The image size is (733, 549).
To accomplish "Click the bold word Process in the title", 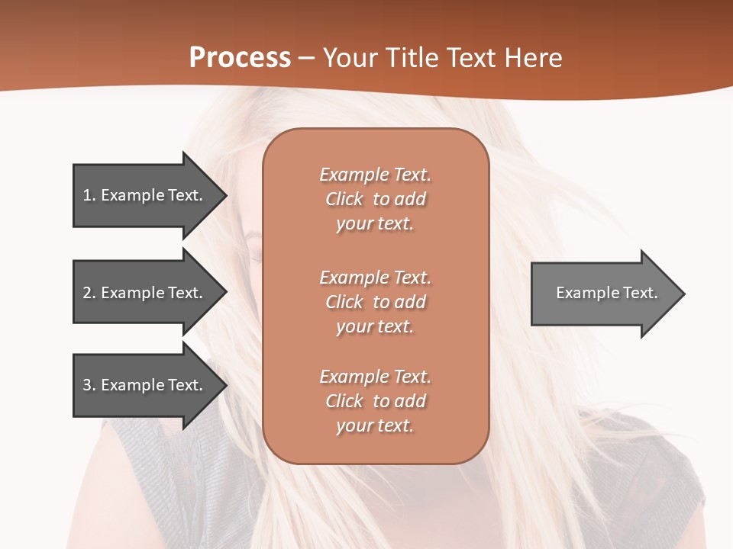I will tap(240, 58).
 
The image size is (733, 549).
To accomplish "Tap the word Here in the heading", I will tap(533, 58).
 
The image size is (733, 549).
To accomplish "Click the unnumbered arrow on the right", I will tap(603, 293).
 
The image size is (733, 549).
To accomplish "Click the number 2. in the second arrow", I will tap(89, 293).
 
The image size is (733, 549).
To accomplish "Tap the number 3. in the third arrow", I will tap(89, 385).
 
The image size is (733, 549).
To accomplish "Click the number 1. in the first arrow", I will tap(89, 195).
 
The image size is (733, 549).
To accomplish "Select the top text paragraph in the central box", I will tap(375, 199).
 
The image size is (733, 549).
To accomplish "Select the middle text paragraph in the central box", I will tap(375, 302).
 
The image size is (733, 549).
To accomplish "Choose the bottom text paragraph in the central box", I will tap(375, 401).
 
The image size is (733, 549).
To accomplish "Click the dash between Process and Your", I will tap(306, 59).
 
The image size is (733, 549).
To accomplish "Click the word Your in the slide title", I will tap(352, 58).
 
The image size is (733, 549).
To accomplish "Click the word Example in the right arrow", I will tap(583, 293).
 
